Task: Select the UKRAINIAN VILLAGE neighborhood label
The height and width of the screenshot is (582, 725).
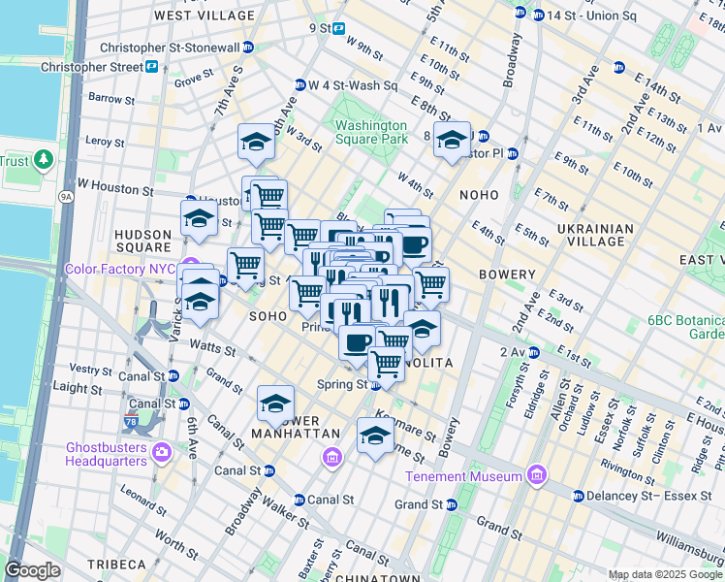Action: [595, 236]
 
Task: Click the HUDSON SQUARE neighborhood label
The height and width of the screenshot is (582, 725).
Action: [142, 242]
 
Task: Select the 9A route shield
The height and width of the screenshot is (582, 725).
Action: [66, 196]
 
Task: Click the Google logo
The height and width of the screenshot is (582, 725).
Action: [33, 570]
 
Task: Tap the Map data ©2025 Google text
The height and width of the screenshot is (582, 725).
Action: [665, 574]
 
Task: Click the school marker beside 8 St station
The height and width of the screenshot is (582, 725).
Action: [452, 142]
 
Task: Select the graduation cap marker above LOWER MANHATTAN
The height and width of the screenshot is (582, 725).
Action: [276, 403]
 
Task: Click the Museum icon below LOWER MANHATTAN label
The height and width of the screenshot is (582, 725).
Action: [331, 456]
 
